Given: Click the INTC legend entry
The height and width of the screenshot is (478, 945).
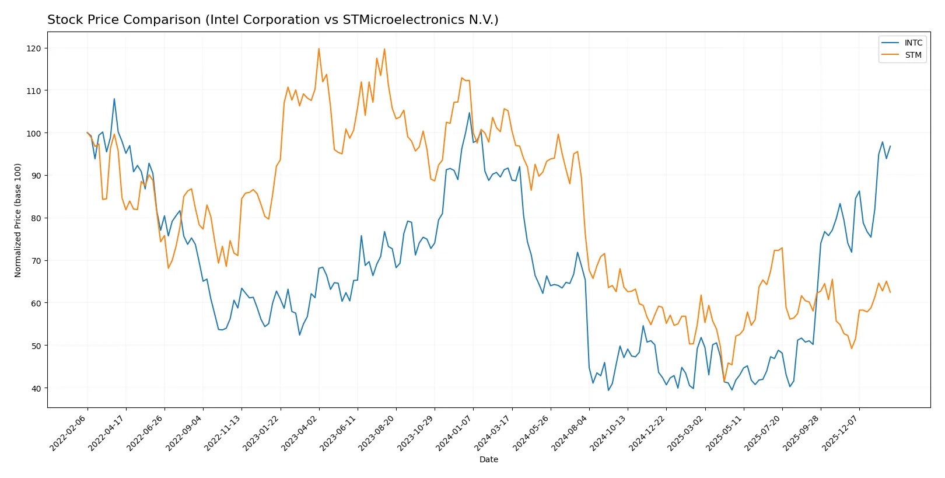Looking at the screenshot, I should pyautogui.click(x=913, y=43).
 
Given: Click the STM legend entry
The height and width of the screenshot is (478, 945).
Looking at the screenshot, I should pyautogui.click(x=913, y=55).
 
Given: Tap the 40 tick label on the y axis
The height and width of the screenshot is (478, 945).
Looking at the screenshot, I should pyautogui.click(x=36, y=388).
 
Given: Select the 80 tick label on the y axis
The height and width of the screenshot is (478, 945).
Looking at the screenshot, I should pyautogui.click(x=36, y=218).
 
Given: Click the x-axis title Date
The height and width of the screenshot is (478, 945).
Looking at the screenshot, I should pyautogui.click(x=488, y=459).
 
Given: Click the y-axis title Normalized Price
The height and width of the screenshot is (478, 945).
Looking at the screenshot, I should pyautogui.click(x=18, y=220).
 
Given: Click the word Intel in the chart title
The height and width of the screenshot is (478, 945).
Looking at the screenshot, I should pyautogui.click(x=220, y=20).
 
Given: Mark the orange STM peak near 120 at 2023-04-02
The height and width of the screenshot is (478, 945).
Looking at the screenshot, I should pyautogui.click(x=318, y=48).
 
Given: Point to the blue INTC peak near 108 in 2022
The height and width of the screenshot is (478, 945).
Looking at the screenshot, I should pyautogui.click(x=114, y=99).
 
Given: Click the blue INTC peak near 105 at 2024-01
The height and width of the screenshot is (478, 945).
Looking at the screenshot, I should pyautogui.click(x=469, y=113).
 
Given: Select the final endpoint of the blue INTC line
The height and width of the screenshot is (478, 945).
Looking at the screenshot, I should pyautogui.click(x=890, y=146).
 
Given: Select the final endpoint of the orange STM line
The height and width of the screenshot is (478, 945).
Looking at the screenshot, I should pyautogui.click(x=890, y=292).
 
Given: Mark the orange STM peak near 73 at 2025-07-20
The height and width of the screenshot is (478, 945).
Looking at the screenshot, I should pyautogui.click(x=782, y=248).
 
